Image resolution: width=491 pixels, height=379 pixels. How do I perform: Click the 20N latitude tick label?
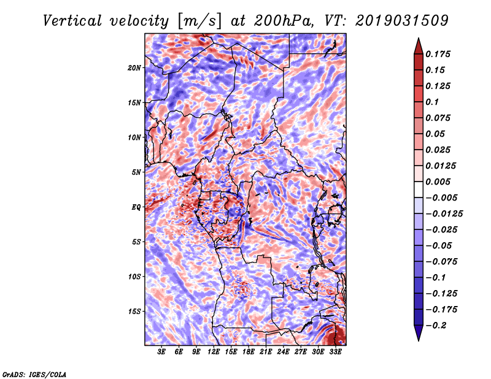click(134, 68)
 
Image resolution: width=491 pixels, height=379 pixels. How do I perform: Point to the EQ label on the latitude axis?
click(136, 207)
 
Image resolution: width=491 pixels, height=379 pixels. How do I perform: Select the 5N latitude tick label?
click(136, 172)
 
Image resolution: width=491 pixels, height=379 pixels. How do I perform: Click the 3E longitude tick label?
click(161, 352)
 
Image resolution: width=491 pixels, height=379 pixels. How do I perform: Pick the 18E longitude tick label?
click(249, 352)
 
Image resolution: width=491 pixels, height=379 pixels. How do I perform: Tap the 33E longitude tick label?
click(335, 352)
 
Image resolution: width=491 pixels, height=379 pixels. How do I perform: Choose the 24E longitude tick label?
click(283, 352)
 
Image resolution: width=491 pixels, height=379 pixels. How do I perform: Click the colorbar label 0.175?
click(438, 54)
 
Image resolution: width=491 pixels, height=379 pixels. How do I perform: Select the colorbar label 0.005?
click(438, 182)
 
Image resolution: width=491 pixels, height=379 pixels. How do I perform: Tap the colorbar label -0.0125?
click(444, 214)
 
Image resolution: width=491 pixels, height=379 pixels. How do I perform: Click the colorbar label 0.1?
click(432, 102)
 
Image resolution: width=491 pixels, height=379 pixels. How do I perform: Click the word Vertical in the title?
click(72, 21)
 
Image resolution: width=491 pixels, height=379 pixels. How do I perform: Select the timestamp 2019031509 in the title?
click(402, 21)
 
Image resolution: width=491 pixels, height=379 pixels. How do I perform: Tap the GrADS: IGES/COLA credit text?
click(34, 374)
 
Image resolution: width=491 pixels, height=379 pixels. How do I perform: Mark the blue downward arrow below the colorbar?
click(419, 332)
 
